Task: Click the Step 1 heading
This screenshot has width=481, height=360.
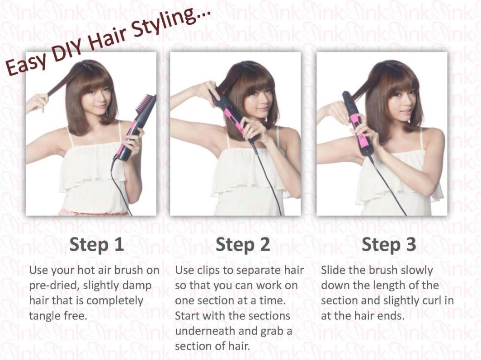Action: pos(97,244)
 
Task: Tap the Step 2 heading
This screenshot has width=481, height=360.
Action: pos(243,244)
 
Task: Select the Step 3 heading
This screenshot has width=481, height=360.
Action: pos(389,244)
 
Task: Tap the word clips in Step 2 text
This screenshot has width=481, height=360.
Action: pos(207,271)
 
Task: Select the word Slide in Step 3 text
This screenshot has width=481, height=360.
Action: pos(333,270)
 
